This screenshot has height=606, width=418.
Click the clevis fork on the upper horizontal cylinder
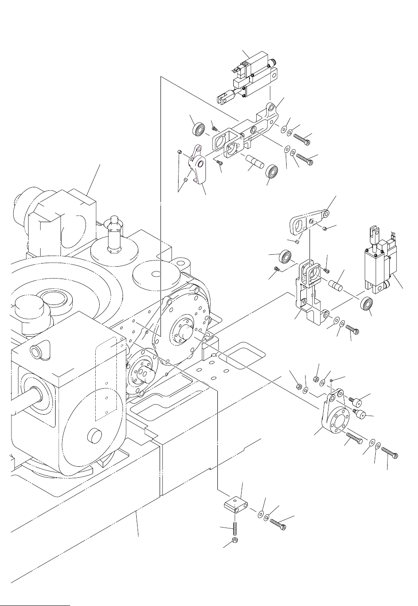click(x=225, y=100)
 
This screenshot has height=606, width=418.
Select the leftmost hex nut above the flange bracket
click(x=299, y=387)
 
